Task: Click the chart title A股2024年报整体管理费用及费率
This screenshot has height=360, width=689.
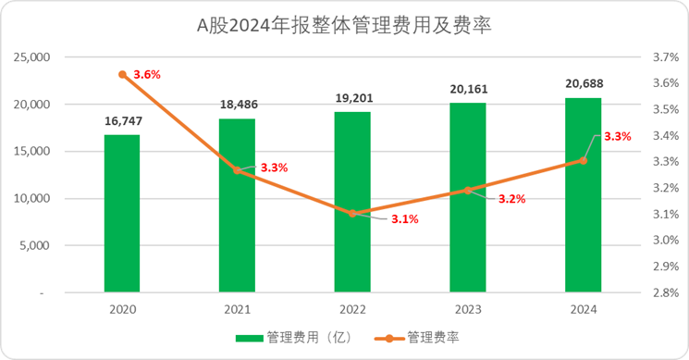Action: click(344, 25)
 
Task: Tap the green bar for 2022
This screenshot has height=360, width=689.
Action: click(352, 202)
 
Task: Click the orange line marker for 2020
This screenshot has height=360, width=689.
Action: click(122, 74)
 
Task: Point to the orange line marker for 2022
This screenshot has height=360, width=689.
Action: click(352, 214)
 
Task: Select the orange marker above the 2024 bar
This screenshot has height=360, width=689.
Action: click(583, 160)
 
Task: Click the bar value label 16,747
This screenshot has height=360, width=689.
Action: click(122, 120)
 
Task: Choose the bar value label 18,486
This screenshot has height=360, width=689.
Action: click(238, 105)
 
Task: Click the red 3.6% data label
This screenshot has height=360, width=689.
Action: click(148, 74)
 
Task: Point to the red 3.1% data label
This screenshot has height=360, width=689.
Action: click(404, 219)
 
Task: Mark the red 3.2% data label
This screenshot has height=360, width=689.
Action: click(511, 198)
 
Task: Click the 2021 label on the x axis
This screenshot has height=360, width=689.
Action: click(238, 311)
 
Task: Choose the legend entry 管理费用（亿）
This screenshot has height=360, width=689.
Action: click(289, 339)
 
